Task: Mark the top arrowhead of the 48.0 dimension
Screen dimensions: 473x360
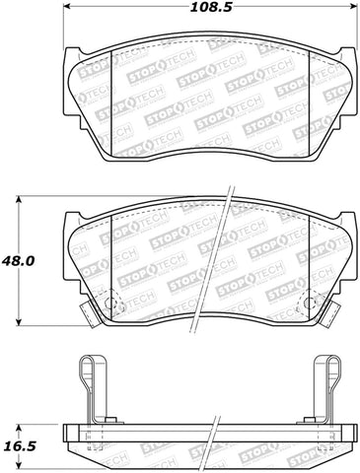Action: pos(20,200)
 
